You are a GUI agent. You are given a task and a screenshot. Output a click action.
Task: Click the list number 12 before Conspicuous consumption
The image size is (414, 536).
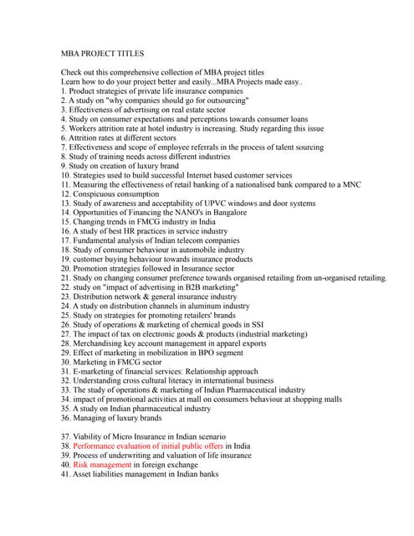(65, 193)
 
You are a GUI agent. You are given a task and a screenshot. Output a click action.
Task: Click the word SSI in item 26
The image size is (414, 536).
(254, 325)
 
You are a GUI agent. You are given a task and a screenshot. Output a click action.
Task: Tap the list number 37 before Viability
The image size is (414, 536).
(65, 436)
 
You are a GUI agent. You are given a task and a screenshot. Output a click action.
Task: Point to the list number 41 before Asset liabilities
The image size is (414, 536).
(65, 474)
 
